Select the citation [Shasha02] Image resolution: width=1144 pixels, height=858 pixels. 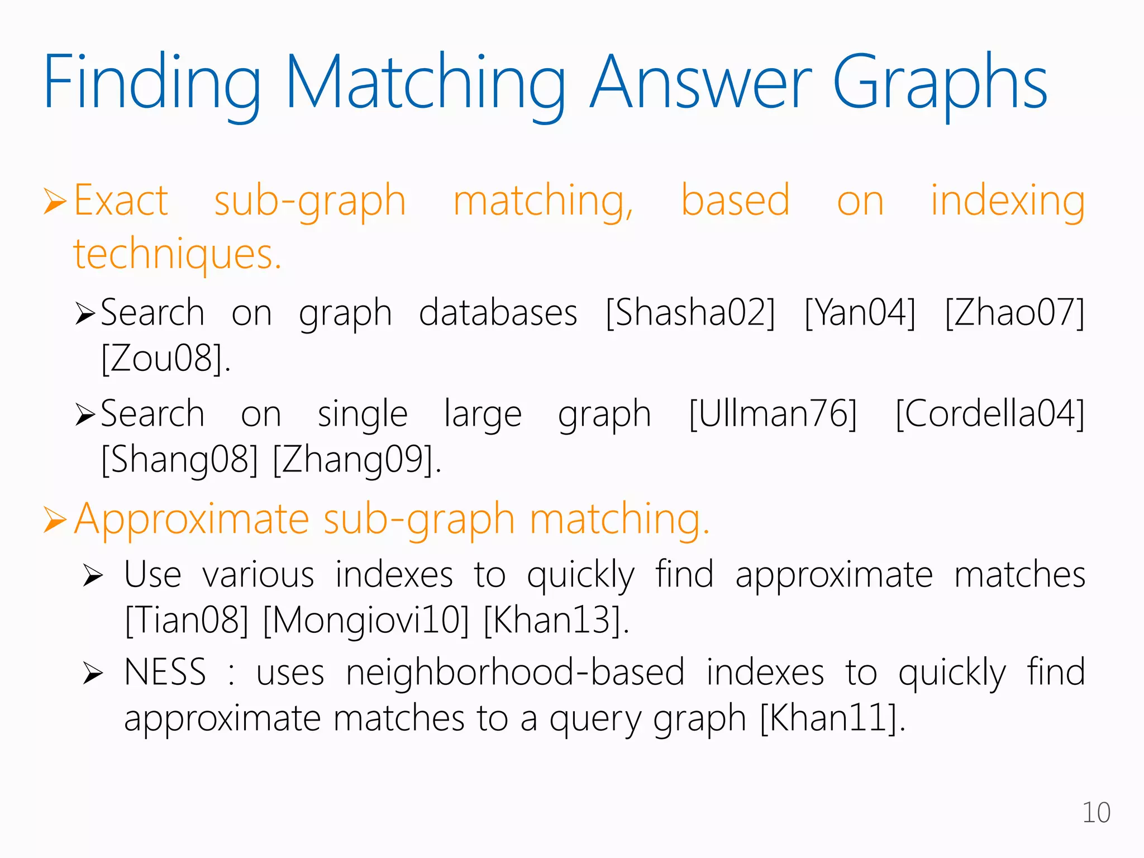[x=691, y=313]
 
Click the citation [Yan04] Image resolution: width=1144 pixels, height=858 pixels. [x=860, y=313]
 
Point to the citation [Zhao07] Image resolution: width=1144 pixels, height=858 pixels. [x=1015, y=313]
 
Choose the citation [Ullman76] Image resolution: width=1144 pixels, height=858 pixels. [x=773, y=414]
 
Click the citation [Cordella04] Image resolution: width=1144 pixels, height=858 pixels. [x=990, y=414]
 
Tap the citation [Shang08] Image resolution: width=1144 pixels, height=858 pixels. [x=180, y=460]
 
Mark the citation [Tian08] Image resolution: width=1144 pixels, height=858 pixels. [x=187, y=620]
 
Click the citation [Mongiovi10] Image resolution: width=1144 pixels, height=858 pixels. [x=366, y=620]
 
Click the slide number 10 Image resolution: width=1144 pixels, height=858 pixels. [x=1096, y=813]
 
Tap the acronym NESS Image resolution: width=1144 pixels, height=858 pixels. [x=165, y=672]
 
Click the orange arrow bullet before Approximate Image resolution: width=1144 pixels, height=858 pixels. [x=55, y=520]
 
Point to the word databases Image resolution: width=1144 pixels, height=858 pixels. [x=498, y=313]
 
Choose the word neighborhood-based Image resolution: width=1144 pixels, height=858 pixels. [x=515, y=672]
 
